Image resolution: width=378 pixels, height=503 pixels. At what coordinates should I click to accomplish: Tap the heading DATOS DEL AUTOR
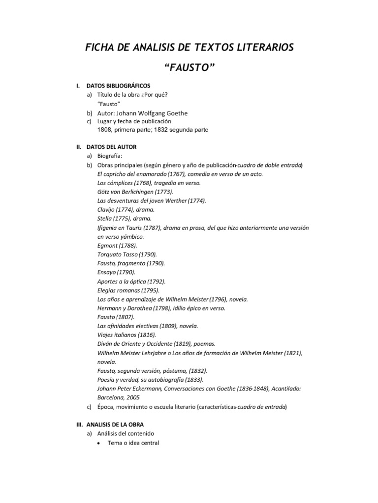coord(111,147)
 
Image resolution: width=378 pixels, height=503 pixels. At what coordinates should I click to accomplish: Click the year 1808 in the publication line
coord(104,130)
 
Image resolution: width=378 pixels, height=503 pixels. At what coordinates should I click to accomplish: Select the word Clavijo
coord(107,209)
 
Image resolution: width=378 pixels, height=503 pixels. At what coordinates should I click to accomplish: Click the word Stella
coord(105,218)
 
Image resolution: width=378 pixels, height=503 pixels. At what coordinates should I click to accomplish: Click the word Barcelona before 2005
coord(112,397)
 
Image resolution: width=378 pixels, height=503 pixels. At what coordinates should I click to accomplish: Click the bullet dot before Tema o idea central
coord(99,443)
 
